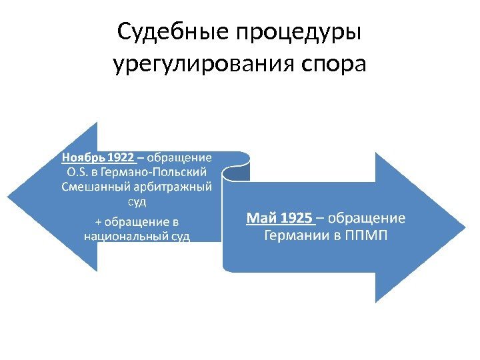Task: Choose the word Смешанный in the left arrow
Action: (x=89, y=186)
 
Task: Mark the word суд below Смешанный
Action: (x=136, y=200)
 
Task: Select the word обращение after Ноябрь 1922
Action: (x=179, y=158)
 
